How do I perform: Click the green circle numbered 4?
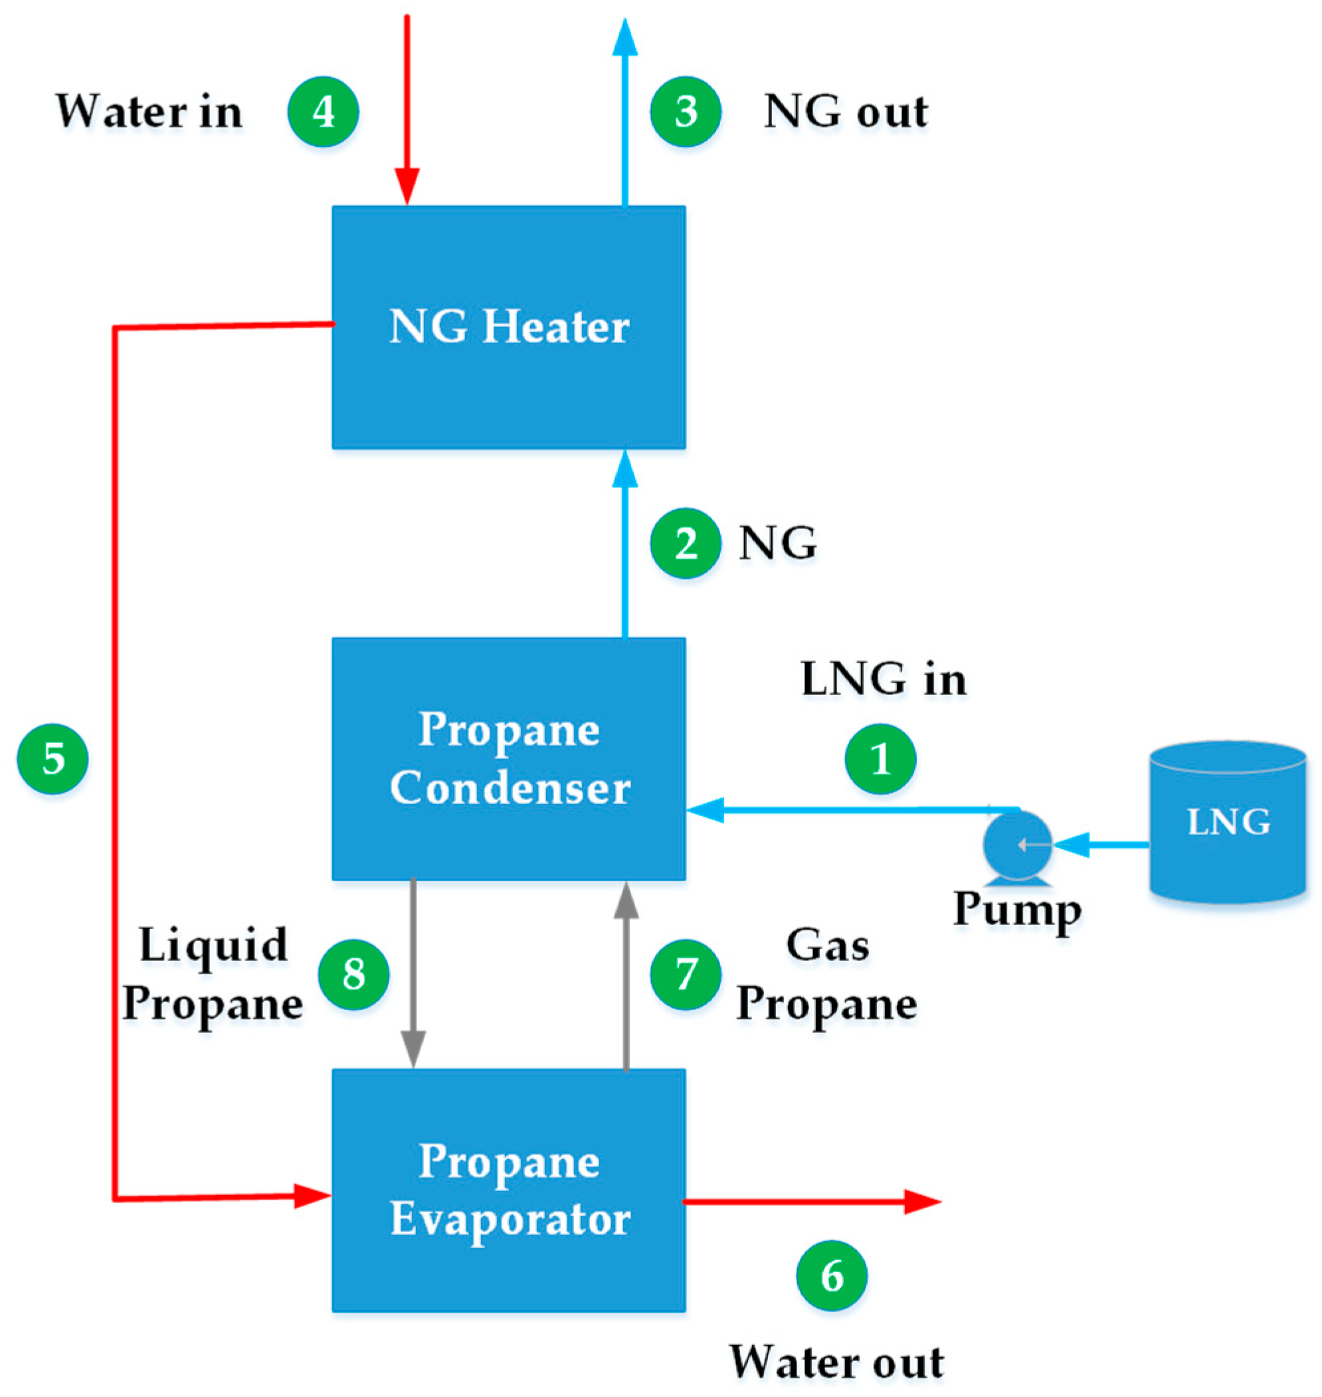pos(323,112)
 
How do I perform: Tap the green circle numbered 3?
pos(685,112)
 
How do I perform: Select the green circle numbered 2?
pos(685,544)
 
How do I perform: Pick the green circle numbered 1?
pos(880,759)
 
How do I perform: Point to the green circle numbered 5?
pos(53,759)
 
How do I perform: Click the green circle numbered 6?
pos(832,1277)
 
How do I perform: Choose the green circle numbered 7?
pos(685,975)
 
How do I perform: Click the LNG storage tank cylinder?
pos(1228,823)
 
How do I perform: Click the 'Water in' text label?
pos(149,112)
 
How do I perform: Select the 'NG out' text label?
pos(846,112)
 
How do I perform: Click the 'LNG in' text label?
pos(883,679)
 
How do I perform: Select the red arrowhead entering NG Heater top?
pos(407,186)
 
